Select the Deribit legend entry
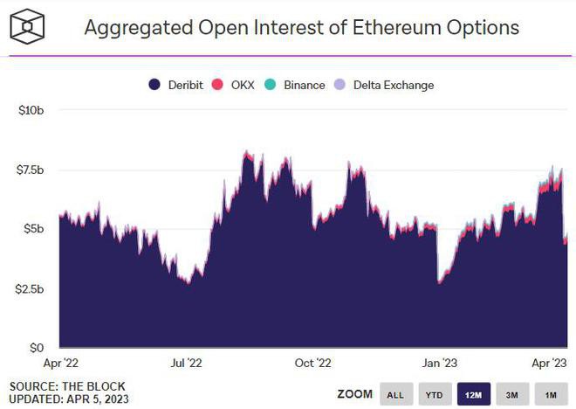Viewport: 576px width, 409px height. pos(178,85)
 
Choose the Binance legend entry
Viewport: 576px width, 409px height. pos(297,85)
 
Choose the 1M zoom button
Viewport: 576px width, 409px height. pos(551,394)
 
